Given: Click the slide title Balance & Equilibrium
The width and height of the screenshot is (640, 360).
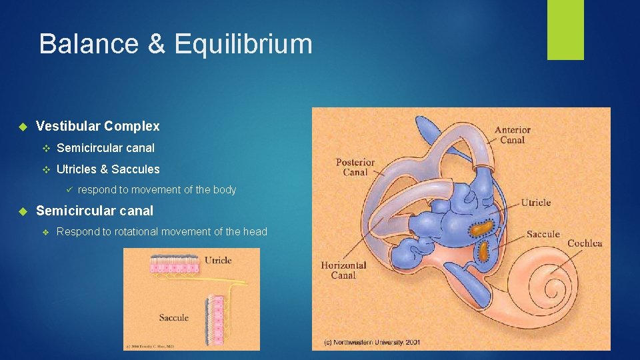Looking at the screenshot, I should tap(175, 44).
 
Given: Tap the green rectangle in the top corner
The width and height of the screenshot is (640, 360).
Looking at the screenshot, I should tap(565, 29).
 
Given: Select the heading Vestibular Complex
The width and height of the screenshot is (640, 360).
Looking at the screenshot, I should tap(97, 126).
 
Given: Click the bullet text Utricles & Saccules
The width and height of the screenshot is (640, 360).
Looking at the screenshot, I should tap(108, 169).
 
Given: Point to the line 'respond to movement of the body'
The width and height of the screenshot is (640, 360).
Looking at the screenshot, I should tap(157, 190).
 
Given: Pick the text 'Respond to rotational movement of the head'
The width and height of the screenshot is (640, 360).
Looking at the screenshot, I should tap(161, 232).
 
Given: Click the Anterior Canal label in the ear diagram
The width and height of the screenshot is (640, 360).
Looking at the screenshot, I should tap(512, 135).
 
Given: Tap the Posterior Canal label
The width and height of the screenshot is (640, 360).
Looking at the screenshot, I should tap(355, 167).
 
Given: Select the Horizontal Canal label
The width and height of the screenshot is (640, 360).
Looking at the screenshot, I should tap(343, 270).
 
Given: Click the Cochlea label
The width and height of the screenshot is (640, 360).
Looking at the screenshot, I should tap(584, 243).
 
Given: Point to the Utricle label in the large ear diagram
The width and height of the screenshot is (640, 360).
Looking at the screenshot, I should tap(535, 203).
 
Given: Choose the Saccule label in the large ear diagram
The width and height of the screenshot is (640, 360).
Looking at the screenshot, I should tap(543, 234).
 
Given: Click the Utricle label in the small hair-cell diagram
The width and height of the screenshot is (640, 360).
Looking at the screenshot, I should tap(218, 260).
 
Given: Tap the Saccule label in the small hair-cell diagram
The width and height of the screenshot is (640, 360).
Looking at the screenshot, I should tap(173, 317).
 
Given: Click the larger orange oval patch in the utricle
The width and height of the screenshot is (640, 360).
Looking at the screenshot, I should tap(483, 228).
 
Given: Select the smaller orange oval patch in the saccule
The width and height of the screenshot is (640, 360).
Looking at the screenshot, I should tap(483, 251).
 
